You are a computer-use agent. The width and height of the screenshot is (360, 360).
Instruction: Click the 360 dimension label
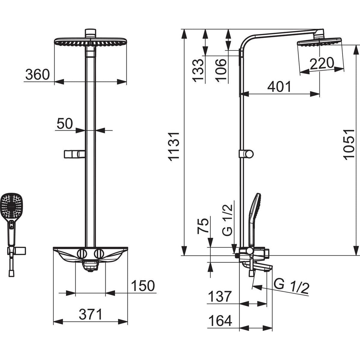click(x=38, y=74)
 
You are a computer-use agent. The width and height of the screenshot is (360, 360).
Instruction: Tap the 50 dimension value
click(x=65, y=124)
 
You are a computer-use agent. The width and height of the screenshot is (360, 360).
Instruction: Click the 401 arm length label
click(x=280, y=86)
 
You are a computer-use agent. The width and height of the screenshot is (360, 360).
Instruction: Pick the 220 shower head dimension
click(x=322, y=63)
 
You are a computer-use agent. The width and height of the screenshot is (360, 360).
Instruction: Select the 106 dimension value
click(x=221, y=70)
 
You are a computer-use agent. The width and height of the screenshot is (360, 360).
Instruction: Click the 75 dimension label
click(x=203, y=225)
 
